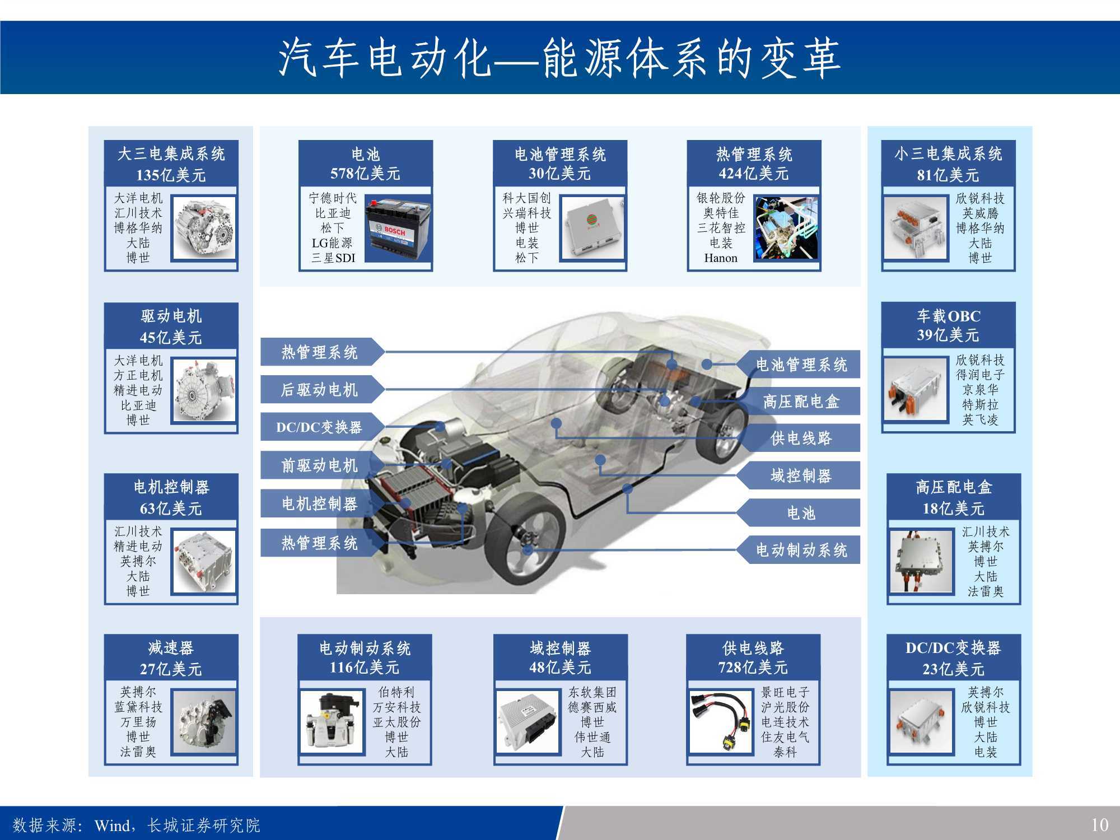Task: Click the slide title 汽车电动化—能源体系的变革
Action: (560, 58)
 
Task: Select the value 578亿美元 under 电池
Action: (365, 174)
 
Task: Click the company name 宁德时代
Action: (332, 198)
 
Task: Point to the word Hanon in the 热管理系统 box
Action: (720, 258)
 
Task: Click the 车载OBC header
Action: (948, 316)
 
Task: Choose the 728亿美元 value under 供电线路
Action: (753, 668)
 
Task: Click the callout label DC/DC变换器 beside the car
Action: (319, 428)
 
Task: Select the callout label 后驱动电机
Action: (319, 390)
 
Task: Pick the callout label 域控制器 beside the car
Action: (801, 476)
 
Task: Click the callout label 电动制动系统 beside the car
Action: (801, 550)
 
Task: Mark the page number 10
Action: (1099, 825)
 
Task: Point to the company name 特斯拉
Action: (980, 404)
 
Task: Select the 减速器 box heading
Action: (171, 648)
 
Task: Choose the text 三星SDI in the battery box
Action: (333, 258)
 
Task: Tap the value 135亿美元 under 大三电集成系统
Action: (171, 175)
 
